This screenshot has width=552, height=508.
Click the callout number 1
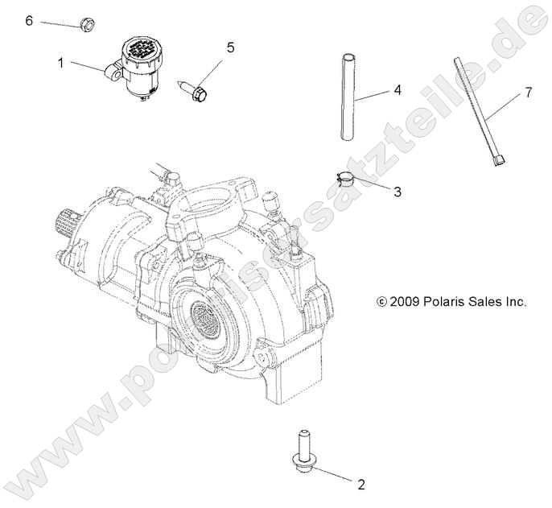tap(60, 60)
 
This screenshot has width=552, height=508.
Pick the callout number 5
tap(230, 48)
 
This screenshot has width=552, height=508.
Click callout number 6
tap(30, 20)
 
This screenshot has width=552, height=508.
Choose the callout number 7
tap(528, 93)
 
